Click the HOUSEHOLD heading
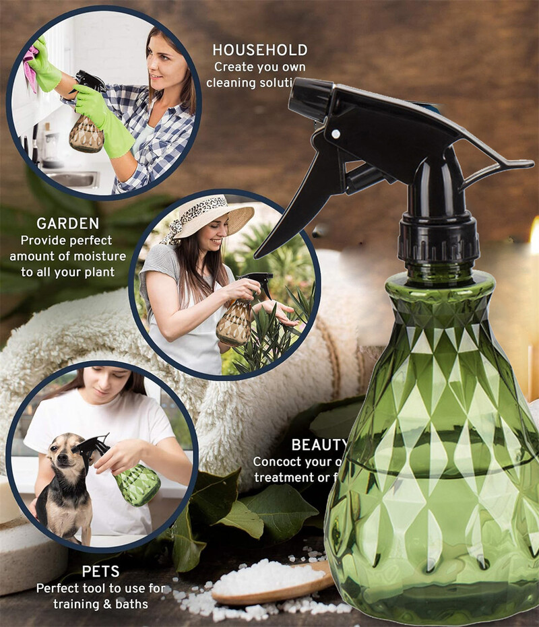[x=259, y=50]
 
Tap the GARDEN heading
[x=67, y=224]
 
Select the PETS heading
[x=100, y=572]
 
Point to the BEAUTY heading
[x=319, y=445]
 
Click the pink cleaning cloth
[x=31, y=67]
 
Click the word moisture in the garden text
[x=100, y=256]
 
